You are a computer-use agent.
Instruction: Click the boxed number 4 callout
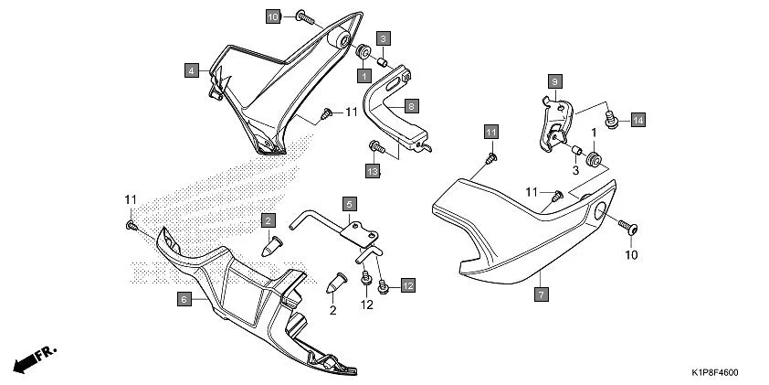click(192, 70)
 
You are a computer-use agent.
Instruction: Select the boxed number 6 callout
click(183, 298)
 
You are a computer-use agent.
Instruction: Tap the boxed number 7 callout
click(542, 294)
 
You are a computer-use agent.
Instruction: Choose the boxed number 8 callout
click(412, 106)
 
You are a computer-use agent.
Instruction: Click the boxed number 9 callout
click(553, 82)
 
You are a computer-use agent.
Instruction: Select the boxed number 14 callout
click(637, 120)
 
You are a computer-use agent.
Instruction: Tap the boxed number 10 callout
click(274, 16)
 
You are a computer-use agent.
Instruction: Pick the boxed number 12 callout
click(406, 286)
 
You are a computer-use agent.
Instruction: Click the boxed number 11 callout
click(490, 132)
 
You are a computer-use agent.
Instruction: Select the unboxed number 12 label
click(366, 304)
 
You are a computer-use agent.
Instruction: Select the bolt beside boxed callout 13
click(374, 145)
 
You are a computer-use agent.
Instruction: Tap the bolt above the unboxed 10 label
click(629, 225)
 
